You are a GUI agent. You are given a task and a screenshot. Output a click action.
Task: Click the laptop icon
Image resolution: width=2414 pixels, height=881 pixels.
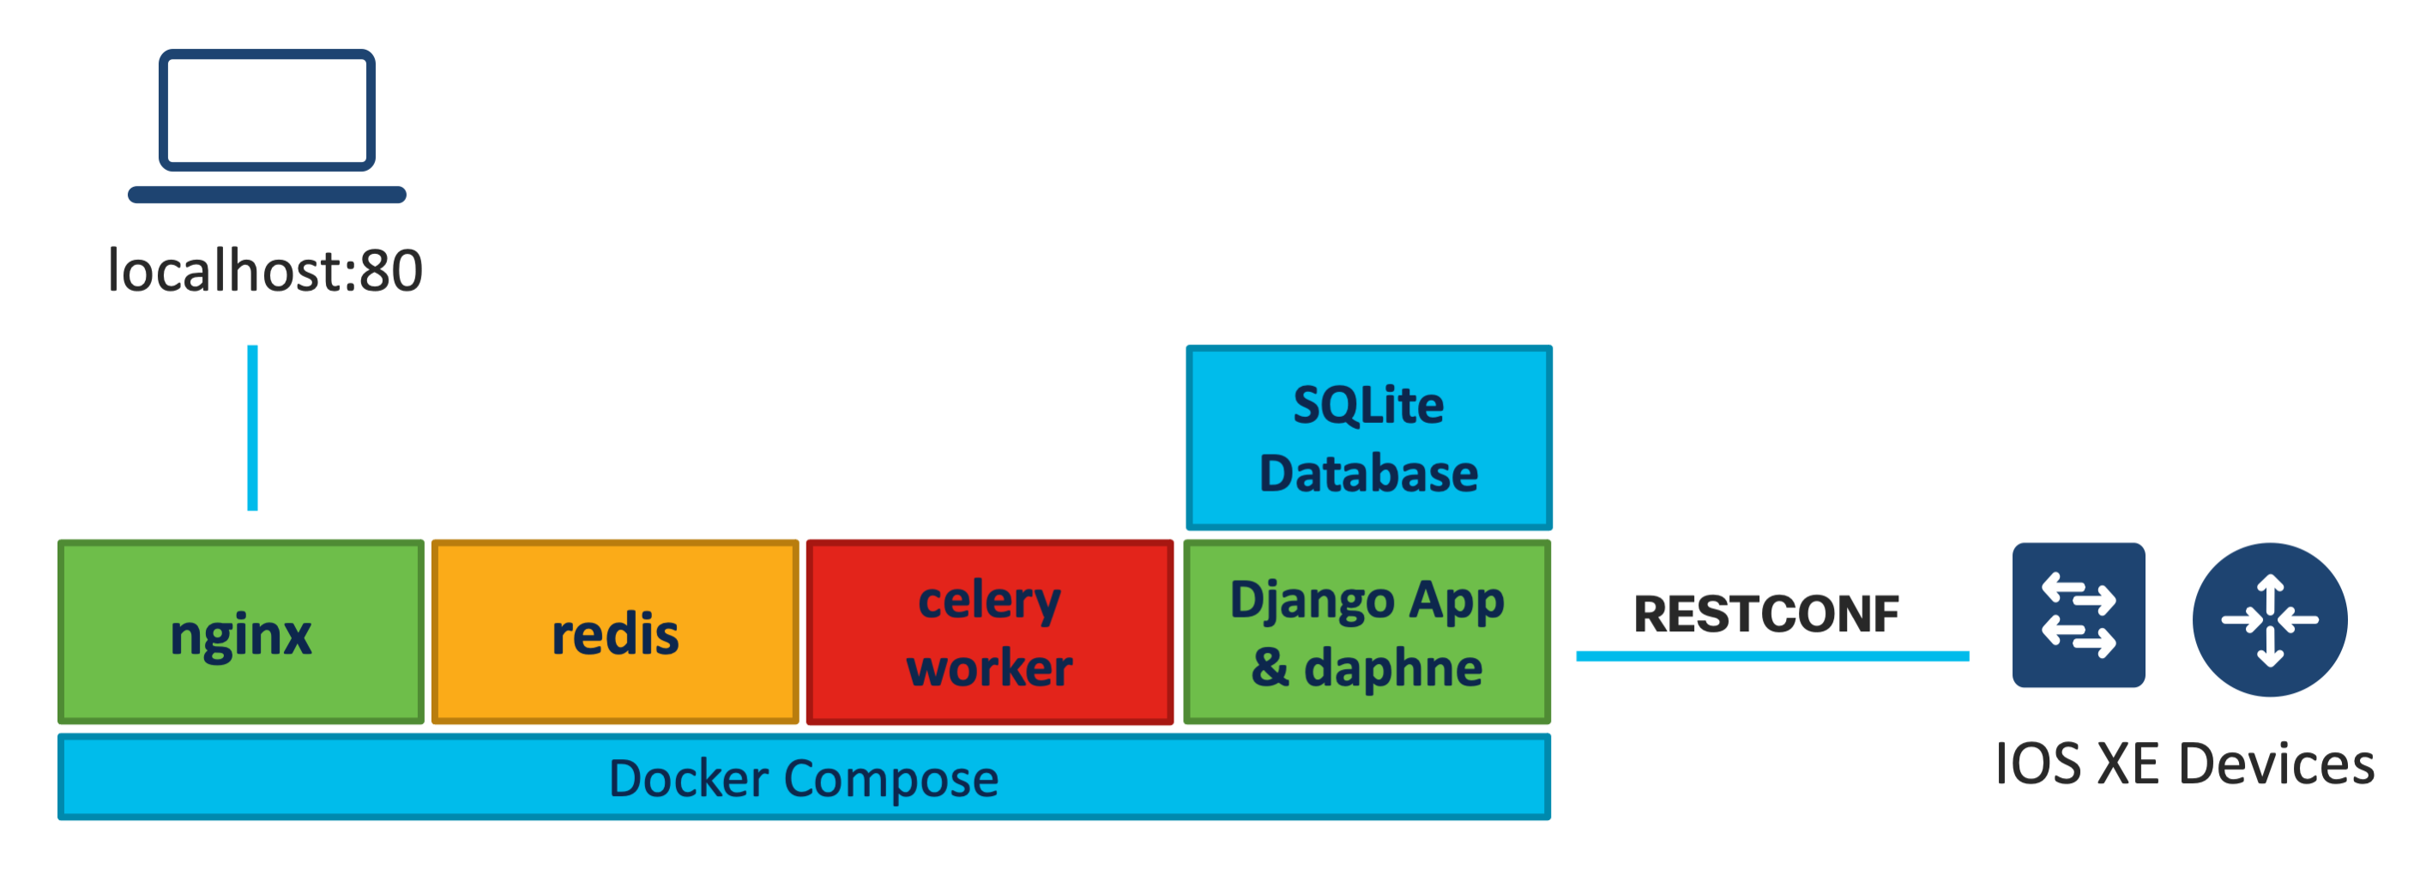pyautogui.click(x=267, y=125)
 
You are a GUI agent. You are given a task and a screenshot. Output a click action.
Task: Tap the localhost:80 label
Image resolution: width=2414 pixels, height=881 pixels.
pyautogui.click(x=265, y=271)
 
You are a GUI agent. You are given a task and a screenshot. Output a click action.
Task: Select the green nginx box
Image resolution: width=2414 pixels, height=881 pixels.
pyautogui.click(x=241, y=631)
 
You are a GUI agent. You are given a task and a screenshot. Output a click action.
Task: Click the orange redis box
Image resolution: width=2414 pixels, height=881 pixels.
pyautogui.click(x=615, y=631)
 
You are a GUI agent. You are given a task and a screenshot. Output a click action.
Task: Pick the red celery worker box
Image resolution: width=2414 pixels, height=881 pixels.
pyautogui.click(x=990, y=631)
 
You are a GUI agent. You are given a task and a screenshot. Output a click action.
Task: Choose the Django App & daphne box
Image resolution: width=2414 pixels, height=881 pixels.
pyautogui.click(x=1367, y=631)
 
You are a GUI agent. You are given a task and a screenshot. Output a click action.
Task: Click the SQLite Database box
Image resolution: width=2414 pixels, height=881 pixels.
pyautogui.click(x=1368, y=437)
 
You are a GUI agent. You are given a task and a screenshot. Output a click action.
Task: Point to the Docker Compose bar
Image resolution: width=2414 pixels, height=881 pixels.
pyautogui.click(x=803, y=777)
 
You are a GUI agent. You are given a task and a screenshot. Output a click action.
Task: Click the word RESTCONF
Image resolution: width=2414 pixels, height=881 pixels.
pyautogui.click(x=1765, y=614)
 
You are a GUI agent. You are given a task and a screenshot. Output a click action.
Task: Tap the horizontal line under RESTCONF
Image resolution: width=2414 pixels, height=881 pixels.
pyautogui.click(x=1771, y=656)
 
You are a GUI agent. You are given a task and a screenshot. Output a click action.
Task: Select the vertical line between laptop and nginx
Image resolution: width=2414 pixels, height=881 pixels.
pyautogui.click(x=252, y=427)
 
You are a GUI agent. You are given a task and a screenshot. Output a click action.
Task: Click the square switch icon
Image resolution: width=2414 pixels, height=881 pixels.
pyautogui.click(x=2078, y=615)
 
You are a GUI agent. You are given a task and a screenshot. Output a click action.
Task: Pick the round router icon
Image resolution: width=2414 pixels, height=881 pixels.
pyautogui.click(x=2269, y=619)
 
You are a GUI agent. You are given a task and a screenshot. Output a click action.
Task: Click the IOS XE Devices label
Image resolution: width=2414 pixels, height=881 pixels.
pyautogui.click(x=2184, y=763)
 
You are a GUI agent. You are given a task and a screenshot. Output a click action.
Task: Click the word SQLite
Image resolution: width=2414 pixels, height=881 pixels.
pyautogui.click(x=1368, y=405)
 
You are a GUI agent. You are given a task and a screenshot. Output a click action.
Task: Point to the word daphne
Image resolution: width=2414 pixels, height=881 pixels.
pyautogui.click(x=1392, y=667)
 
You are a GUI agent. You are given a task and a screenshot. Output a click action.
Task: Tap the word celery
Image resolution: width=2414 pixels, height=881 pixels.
pyautogui.click(x=990, y=600)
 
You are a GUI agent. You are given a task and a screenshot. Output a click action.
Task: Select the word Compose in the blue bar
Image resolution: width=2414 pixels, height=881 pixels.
pyautogui.click(x=890, y=778)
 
